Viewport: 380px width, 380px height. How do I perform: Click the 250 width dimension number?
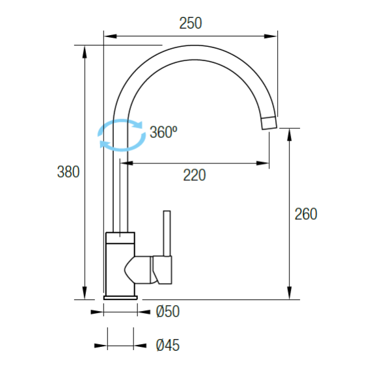[x=191, y=23]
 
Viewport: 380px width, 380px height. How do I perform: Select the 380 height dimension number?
[x=68, y=172]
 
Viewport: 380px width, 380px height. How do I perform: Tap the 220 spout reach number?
[x=195, y=175]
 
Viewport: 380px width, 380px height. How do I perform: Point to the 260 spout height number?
[x=306, y=214]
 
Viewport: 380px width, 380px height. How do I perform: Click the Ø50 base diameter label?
[x=168, y=312]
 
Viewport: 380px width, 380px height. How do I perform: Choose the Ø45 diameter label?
[x=168, y=345]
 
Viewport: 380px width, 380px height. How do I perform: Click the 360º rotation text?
[x=163, y=132]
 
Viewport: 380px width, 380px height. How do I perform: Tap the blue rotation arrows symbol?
[x=122, y=135]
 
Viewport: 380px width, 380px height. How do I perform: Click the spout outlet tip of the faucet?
[x=269, y=123]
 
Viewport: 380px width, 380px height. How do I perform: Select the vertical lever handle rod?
[x=167, y=233]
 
